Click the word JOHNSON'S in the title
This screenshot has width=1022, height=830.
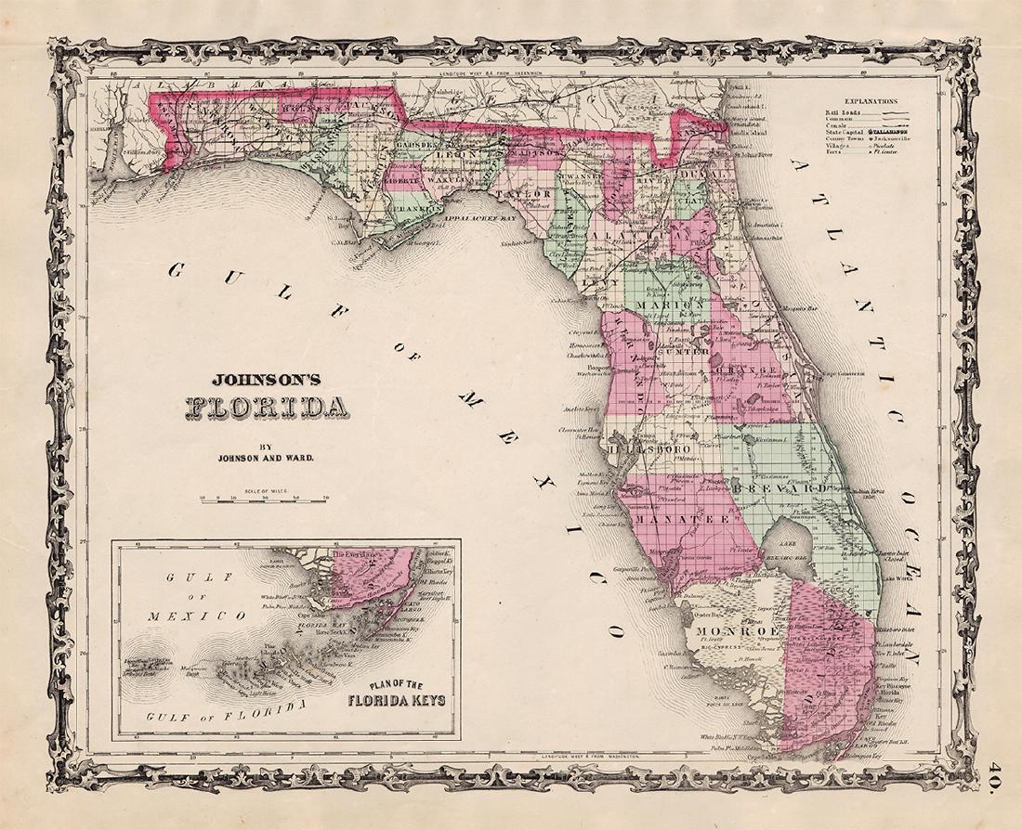(x=254, y=379)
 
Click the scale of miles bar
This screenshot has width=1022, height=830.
(x=265, y=499)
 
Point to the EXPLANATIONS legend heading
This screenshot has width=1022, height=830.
(x=871, y=100)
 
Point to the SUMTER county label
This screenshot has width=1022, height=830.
(x=683, y=353)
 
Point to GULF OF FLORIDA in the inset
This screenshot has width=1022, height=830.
(x=225, y=711)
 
